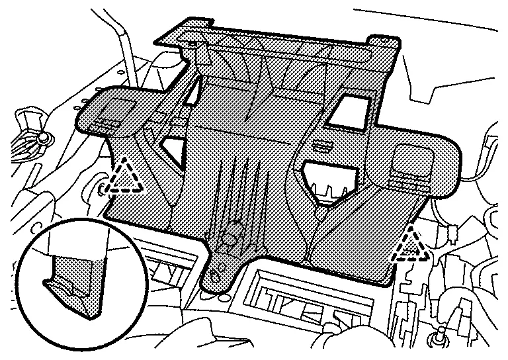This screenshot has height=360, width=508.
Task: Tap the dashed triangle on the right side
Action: pos(411,246)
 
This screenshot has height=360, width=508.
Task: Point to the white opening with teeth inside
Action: pos(328,182)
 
